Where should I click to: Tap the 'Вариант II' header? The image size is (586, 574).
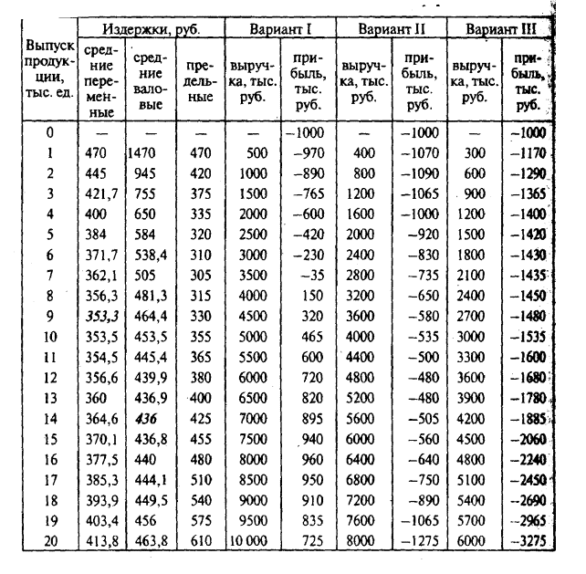392,28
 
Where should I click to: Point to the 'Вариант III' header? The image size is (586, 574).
500,28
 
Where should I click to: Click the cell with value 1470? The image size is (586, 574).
147,154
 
